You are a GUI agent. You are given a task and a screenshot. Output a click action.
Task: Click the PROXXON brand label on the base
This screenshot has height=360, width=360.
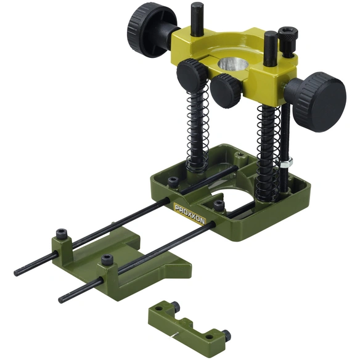coord(190,214)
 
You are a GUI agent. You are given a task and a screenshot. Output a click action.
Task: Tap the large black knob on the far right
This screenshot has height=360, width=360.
coord(319,102)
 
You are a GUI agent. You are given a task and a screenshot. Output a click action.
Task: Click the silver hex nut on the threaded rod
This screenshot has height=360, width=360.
coord(286,162)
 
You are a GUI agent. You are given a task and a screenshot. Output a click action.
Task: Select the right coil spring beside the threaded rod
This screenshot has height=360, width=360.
coord(268,152)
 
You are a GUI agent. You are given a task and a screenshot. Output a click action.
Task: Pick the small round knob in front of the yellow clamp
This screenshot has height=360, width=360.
coord(226,91)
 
